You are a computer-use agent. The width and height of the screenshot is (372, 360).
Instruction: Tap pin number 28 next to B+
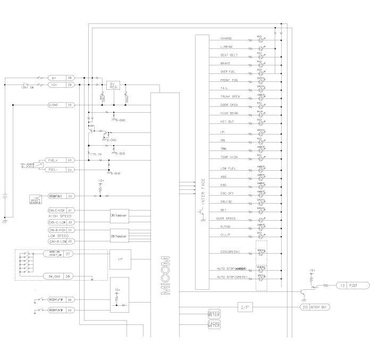tap(69, 78)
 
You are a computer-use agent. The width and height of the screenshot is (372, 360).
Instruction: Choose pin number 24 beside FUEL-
tap(69, 170)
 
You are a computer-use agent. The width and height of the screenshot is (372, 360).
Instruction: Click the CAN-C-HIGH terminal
tap(57, 211)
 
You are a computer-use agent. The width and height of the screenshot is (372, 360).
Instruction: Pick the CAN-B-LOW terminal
tap(57, 241)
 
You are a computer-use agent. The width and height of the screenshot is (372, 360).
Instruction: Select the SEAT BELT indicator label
tap(229, 55)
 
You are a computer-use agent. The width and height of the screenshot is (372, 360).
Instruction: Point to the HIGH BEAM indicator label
tap(229, 113)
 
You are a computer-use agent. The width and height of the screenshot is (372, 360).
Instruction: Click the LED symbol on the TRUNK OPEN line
tap(260, 97)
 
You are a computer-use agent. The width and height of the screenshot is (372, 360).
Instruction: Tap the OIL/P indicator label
tap(226, 235)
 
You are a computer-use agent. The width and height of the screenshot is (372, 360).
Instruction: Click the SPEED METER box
tap(214, 314)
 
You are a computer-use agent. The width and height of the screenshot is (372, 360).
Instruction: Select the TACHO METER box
tap(214, 324)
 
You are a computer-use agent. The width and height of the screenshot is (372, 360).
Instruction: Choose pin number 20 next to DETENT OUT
tap(305, 307)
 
